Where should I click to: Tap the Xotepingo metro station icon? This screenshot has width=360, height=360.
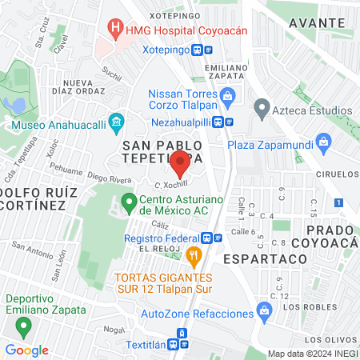coord(209,48)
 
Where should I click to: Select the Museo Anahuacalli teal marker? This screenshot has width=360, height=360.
coord(117,122)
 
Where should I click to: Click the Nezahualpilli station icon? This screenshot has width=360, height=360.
coord(229,122)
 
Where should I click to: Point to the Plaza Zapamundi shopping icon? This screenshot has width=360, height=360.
coord(323,145)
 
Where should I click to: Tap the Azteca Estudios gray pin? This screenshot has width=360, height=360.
coord(262,107)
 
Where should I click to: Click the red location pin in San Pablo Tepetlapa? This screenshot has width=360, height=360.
coord(179,165)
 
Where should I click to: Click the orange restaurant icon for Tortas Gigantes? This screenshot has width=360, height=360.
coord(193,257)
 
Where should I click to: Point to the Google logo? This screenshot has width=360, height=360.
coord(26,350)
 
